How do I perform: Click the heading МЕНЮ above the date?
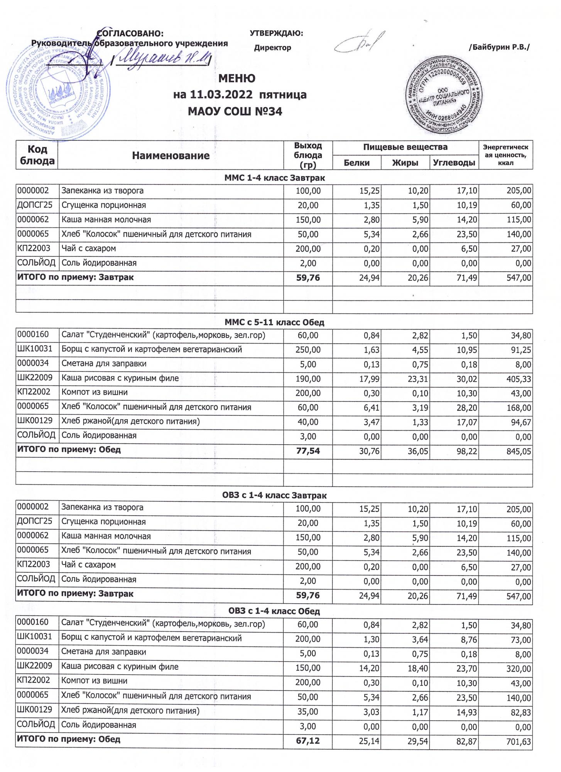tap(237, 78)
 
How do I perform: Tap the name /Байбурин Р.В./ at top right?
tap(499, 47)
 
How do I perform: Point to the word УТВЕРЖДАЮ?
tap(276, 33)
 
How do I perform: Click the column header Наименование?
tap(171, 156)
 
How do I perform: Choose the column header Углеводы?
tap(454, 163)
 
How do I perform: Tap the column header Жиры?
tap(405, 163)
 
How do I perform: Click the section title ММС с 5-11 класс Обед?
tap(274, 322)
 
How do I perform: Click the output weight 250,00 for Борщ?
tap(308, 350)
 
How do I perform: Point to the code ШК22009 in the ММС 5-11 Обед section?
tap(35, 378)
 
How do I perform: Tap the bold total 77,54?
tap(308, 450)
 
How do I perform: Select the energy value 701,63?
tap(518, 741)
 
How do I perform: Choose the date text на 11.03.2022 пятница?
tap(240, 95)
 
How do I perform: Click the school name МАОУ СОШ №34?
tap(235, 112)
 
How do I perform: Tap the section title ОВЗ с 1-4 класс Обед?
tap(274, 611)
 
